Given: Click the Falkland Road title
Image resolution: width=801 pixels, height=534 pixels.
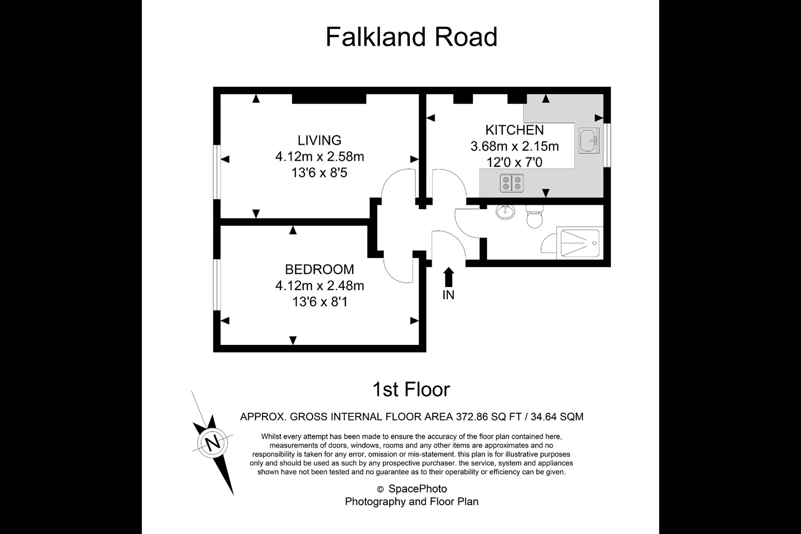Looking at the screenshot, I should pos(411,37).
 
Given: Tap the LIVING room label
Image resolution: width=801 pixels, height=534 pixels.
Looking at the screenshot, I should pos(319,140).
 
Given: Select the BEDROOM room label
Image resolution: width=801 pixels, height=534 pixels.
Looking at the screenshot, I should pos(319,269).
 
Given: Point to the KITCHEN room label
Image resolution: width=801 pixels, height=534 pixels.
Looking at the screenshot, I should pos(515,130).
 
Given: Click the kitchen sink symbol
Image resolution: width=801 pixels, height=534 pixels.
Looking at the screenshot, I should pos(588,140).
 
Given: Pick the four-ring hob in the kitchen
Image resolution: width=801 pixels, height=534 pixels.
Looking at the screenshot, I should pos(512,183).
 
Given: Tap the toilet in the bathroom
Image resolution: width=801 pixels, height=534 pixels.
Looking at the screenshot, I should pos(535,216).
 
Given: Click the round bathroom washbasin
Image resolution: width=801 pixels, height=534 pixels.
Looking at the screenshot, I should pos(506,211).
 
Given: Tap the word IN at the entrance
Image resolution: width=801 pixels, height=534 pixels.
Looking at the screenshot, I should pos(448,295).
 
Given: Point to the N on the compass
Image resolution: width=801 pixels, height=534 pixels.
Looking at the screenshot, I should pos(212,443).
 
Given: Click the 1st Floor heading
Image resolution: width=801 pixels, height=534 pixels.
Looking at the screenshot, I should pos(411,389).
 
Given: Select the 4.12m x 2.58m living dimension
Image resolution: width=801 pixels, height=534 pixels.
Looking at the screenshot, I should pos(319,157).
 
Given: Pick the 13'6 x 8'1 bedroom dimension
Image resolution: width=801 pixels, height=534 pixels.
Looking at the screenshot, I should pos(319,302).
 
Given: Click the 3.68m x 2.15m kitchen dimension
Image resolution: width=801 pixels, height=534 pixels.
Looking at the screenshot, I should pos(515,146).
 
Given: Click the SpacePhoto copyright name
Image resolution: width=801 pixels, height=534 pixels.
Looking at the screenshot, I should pos(417,489).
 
